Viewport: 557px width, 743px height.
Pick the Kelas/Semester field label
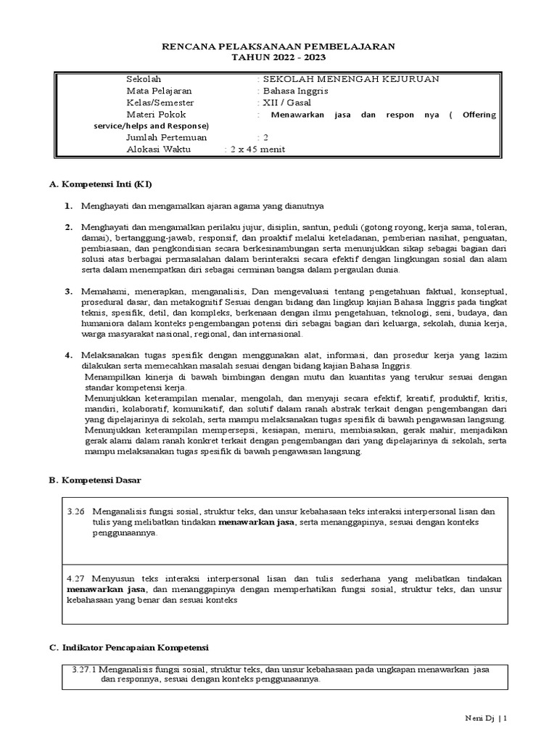pos(159,102)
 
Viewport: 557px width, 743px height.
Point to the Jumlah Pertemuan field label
pos(167,137)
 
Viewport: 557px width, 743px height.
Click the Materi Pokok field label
pos(156,114)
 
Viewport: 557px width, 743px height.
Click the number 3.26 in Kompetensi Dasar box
pos(75,512)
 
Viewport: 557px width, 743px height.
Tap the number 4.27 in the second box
pos(75,578)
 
